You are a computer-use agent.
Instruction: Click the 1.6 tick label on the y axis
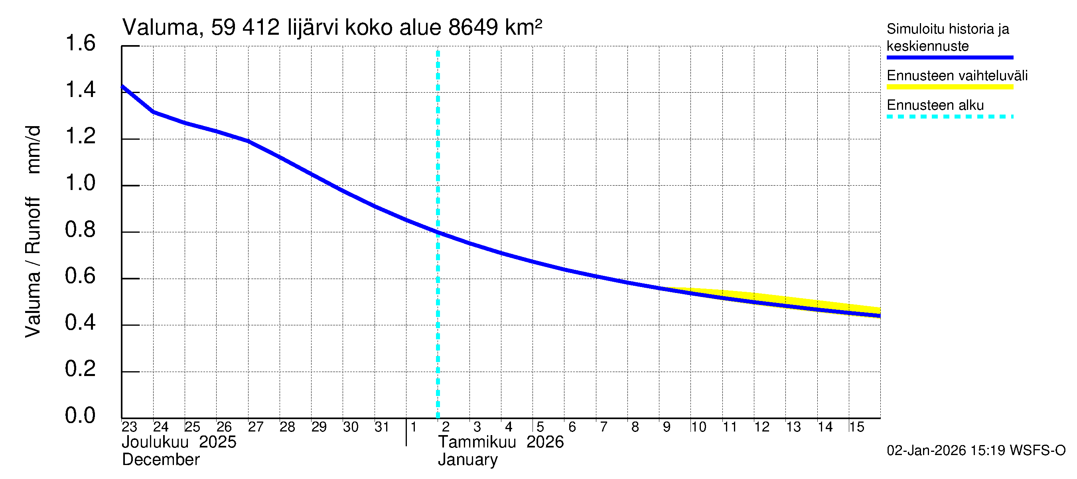[80, 44]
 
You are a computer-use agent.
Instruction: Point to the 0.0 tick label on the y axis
[80, 416]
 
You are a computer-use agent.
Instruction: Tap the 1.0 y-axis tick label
[80, 183]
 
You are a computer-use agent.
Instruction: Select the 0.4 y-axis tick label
[80, 323]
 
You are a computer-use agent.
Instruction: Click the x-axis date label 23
[129, 427]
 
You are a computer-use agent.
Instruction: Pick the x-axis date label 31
[382, 427]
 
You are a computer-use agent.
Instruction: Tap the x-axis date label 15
[856, 427]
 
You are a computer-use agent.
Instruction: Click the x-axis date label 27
[255, 427]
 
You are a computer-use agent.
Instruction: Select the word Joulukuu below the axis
[155, 442]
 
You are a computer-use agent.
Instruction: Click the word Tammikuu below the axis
[477, 442]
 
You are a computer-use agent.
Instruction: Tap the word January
[468, 460]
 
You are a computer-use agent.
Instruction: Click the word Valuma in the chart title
[160, 28]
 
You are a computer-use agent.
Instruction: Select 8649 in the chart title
[473, 28]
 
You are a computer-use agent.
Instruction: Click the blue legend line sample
[950, 57]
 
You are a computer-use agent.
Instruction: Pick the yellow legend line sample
[950, 87]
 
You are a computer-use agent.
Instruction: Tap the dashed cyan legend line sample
[950, 117]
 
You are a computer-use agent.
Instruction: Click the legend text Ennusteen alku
[935, 105]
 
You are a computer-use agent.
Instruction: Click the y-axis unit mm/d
[34, 149]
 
